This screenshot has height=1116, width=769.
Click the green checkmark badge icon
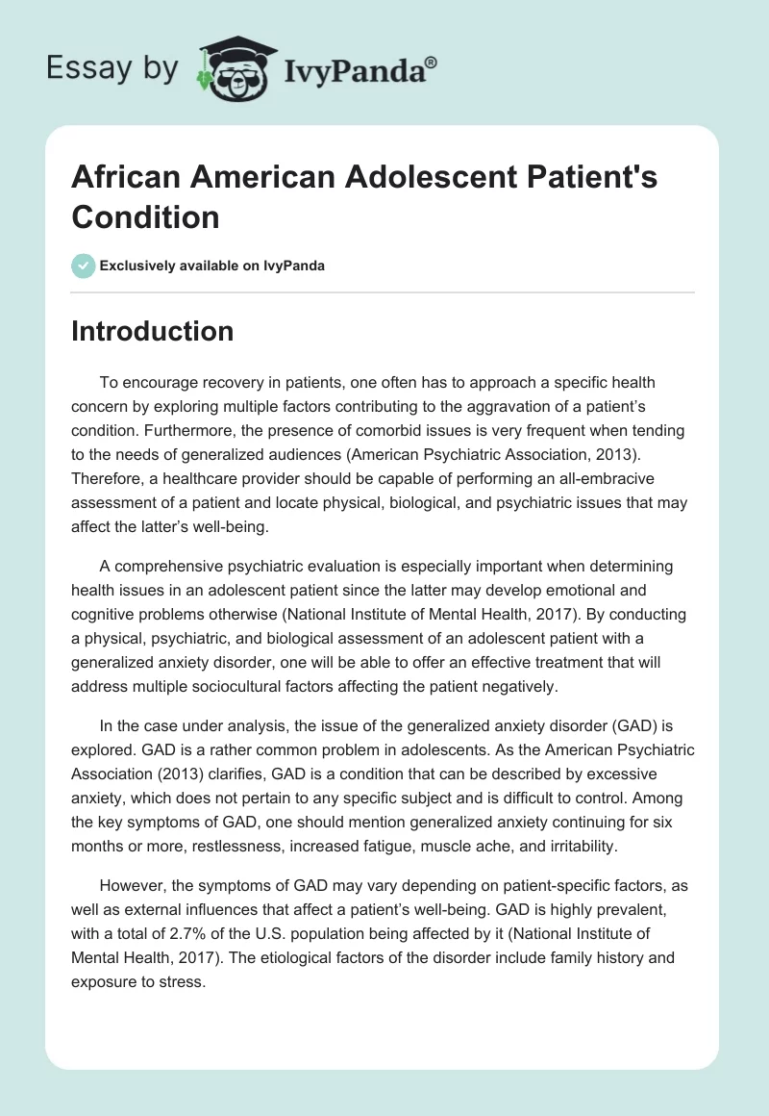click(x=84, y=266)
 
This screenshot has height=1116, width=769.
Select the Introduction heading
click(x=153, y=331)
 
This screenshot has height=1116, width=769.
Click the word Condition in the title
click(x=145, y=216)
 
